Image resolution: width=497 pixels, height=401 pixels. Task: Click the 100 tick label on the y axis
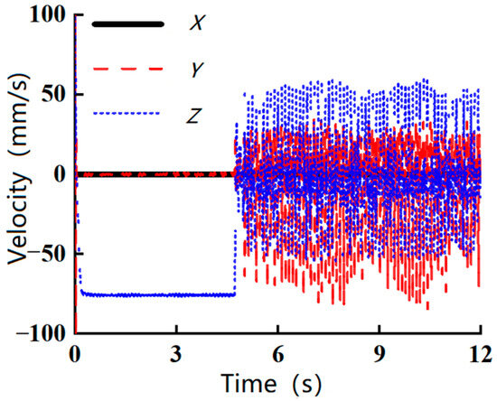click(44, 15)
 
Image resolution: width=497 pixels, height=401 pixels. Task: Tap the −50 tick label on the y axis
click(45, 254)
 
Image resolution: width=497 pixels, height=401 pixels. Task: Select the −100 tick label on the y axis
click(40, 333)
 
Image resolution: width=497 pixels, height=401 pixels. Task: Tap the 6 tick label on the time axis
click(277, 352)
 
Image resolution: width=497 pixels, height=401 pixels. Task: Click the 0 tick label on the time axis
click(75, 352)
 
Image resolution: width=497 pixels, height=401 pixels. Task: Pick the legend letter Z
click(196, 113)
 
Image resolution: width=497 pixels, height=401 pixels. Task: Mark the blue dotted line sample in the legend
click(127, 113)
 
